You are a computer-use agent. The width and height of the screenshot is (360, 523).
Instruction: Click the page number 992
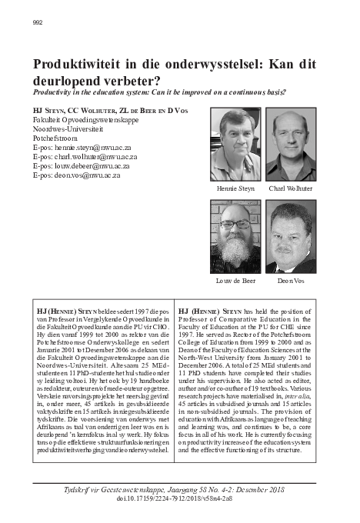coord(37,22)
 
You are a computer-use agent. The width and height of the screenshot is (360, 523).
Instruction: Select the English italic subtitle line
coord(159,92)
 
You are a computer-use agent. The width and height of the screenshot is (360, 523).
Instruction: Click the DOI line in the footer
coord(180,498)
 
